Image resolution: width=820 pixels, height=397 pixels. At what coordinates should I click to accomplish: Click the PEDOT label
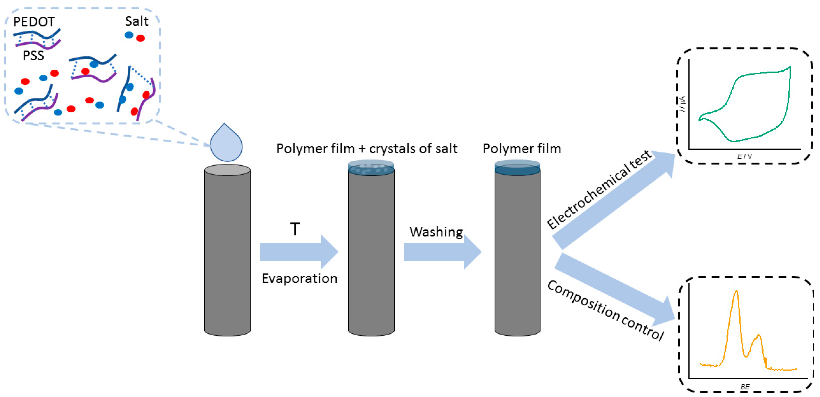34,22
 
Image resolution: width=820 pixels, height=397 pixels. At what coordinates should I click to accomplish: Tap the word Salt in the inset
136,21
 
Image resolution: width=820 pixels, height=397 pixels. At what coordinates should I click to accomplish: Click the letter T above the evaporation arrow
295,229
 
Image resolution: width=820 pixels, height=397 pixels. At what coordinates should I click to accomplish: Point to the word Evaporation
299,278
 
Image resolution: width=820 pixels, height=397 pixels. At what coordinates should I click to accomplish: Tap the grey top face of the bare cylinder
227,170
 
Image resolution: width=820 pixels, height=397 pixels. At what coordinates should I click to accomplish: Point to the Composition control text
605,310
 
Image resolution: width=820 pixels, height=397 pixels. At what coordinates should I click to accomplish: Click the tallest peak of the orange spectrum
736,291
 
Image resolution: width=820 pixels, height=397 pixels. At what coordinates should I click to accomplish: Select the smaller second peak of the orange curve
759,335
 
